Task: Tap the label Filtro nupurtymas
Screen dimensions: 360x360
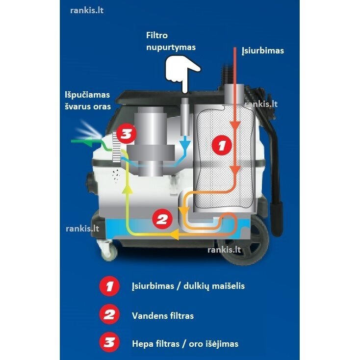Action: [x=171, y=41]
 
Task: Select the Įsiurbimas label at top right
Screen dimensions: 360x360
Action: [x=263, y=51]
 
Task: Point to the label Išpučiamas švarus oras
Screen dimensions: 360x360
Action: [x=88, y=101]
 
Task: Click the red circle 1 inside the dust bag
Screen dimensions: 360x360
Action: [x=222, y=145]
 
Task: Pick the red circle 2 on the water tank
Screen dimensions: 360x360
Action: [x=162, y=219]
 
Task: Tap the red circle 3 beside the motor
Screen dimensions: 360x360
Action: [x=126, y=134]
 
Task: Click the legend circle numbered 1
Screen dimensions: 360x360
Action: [x=109, y=286]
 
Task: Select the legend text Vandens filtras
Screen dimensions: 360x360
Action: [x=163, y=316]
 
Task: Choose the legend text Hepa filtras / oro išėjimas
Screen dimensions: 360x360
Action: [x=185, y=344]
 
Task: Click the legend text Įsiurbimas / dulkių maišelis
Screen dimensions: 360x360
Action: [x=188, y=286]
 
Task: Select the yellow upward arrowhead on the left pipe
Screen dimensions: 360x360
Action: [x=127, y=188]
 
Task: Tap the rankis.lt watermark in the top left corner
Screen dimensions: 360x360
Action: [x=87, y=11]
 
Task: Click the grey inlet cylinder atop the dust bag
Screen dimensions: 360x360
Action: [x=234, y=94]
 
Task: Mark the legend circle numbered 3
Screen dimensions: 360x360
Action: [x=109, y=342]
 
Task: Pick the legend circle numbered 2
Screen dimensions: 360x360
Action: [x=109, y=314]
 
